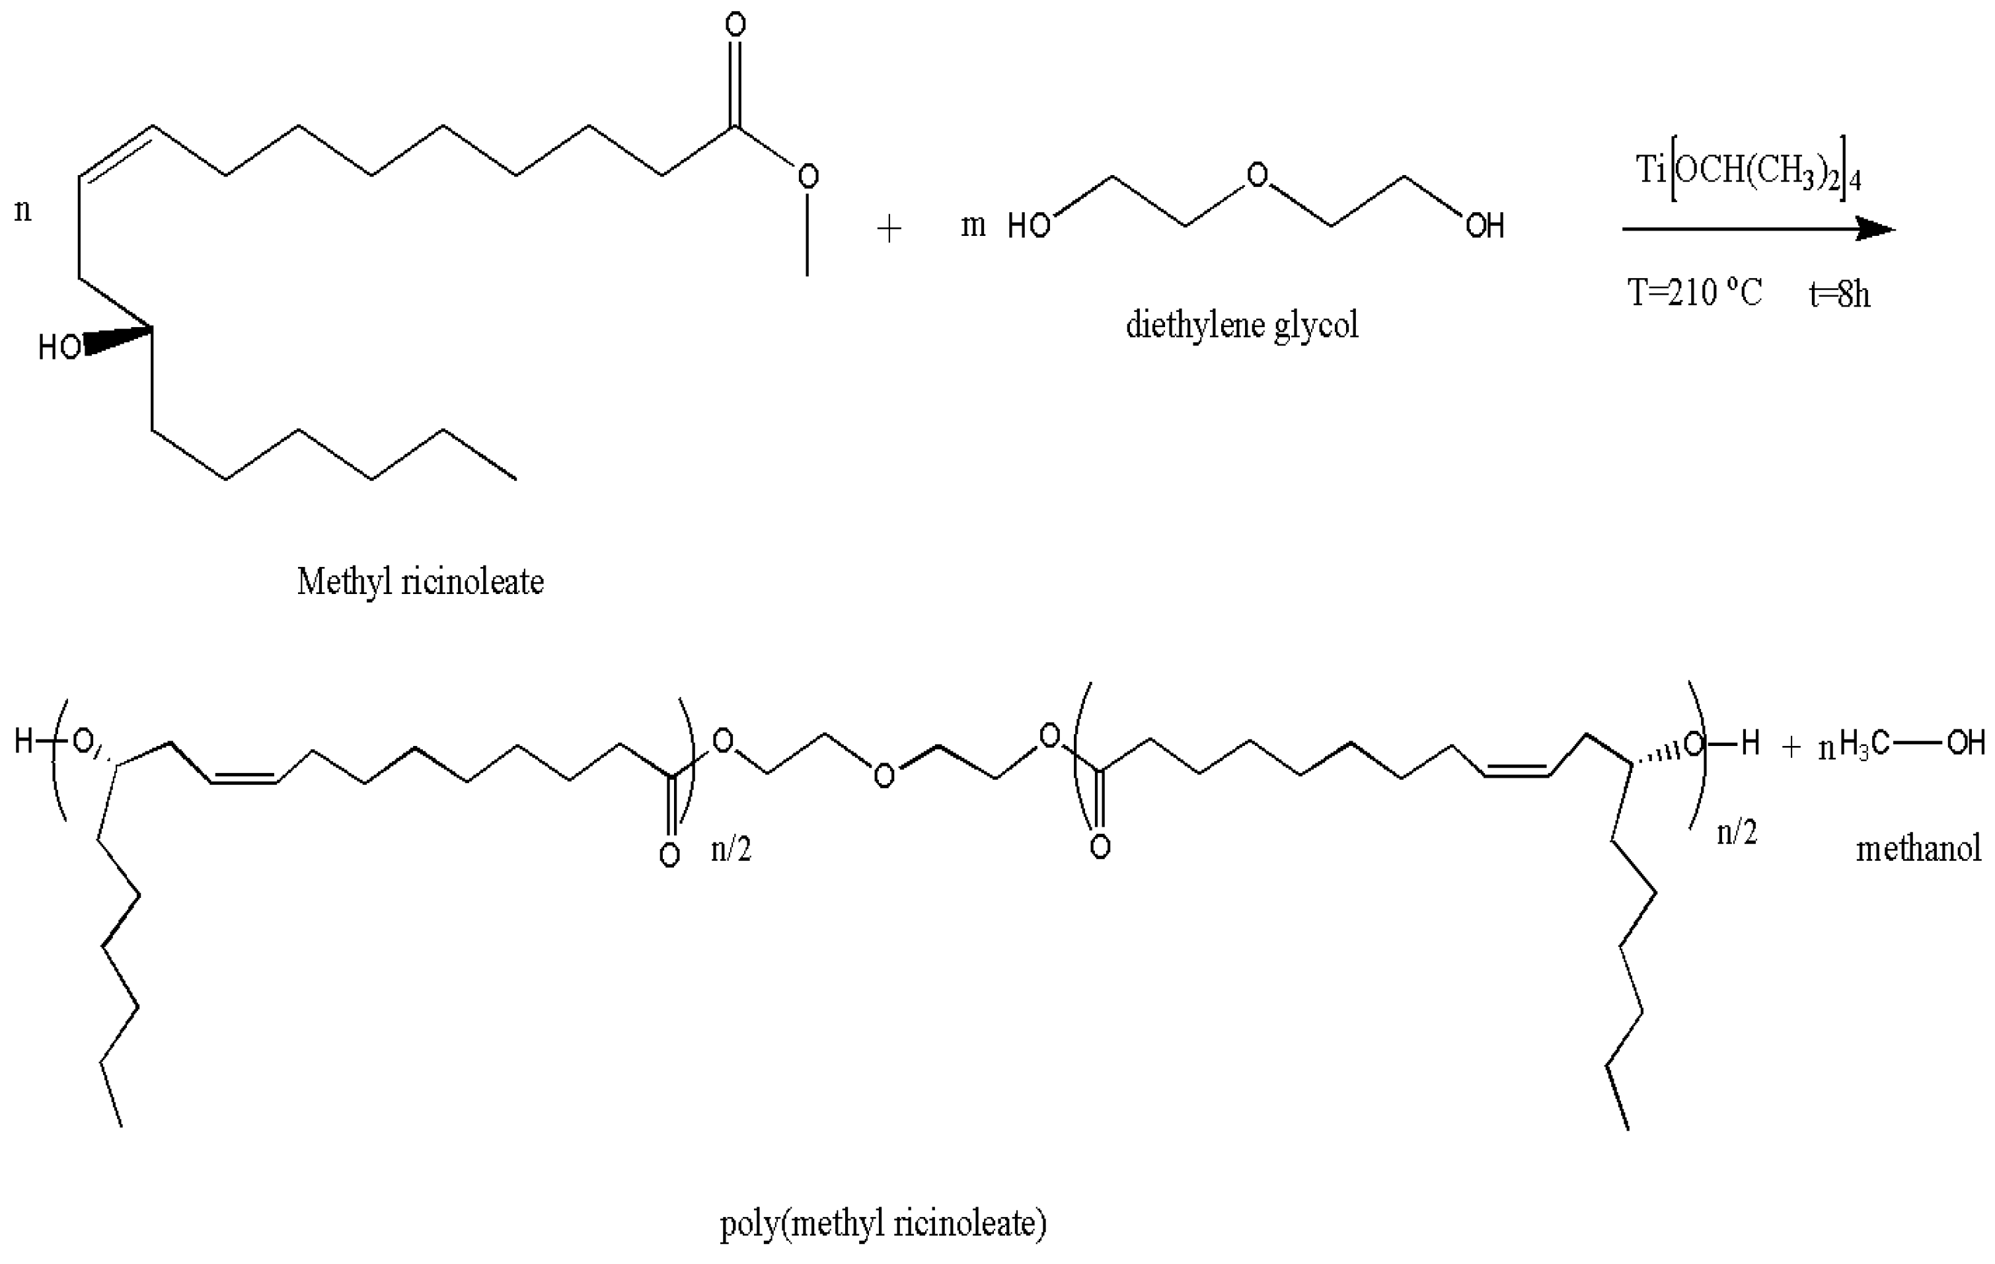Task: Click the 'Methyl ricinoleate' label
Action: (x=420, y=582)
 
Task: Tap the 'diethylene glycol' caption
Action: (x=1241, y=324)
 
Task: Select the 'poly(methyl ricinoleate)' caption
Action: (x=882, y=1222)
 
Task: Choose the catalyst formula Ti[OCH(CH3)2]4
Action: (x=1748, y=172)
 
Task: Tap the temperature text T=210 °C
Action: (x=1694, y=293)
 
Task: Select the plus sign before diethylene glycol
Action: (x=888, y=229)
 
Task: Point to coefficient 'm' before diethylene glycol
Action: (x=973, y=225)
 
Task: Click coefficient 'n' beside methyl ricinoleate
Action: (x=22, y=209)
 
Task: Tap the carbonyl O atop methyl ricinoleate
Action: (x=735, y=25)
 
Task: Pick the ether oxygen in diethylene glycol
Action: (x=1258, y=176)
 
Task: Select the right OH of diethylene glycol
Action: (x=1485, y=226)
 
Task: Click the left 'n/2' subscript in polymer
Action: (x=731, y=850)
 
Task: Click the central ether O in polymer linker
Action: (x=884, y=776)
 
